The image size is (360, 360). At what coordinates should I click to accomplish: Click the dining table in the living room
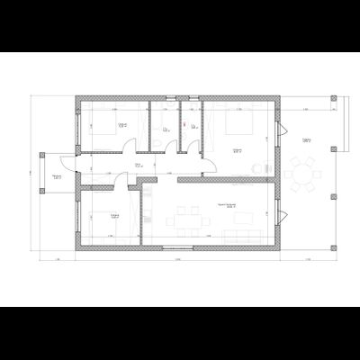point(189,218)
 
